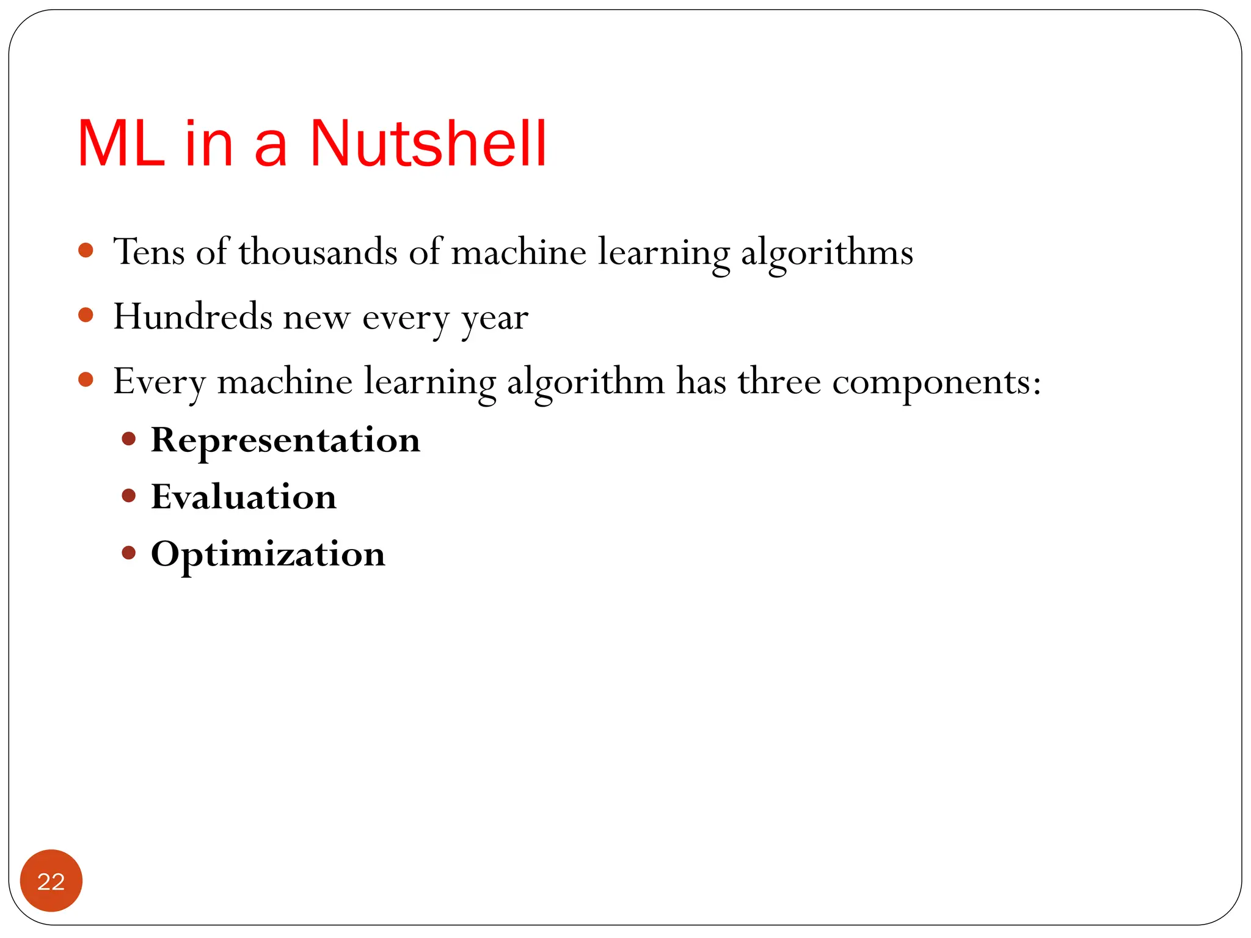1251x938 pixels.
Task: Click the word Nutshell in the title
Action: tap(428, 144)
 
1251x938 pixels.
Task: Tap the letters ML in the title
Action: tap(121, 144)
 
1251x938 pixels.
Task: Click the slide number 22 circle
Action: tap(51, 881)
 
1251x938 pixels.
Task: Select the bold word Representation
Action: tap(285, 440)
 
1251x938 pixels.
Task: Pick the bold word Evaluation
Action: tap(244, 496)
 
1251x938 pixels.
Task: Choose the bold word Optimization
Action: tap(268, 554)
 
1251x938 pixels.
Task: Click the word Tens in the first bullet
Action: tap(149, 252)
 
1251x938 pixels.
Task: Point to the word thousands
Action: tap(318, 252)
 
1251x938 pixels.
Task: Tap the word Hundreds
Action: tap(192, 317)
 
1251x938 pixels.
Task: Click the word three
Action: tap(779, 382)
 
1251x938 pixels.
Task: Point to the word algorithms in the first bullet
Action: tap(826, 253)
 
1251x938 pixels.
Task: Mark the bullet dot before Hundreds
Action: tap(86, 315)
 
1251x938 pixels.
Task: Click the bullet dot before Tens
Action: tap(86, 250)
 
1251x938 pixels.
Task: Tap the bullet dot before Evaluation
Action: tap(128, 495)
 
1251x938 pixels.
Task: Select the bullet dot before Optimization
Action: tap(128, 553)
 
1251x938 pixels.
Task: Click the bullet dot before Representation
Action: tap(128, 438)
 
